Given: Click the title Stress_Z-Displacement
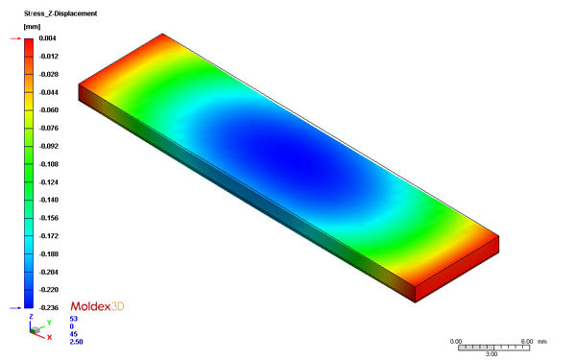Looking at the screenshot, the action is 60,13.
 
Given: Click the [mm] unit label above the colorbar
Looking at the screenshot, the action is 32,27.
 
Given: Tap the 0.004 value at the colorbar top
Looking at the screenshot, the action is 48,38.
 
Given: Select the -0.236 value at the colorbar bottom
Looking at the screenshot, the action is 49,308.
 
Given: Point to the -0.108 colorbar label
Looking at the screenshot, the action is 49,164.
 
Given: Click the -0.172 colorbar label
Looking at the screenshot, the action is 49,236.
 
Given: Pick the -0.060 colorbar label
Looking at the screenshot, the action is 49,110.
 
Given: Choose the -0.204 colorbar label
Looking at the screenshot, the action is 49,272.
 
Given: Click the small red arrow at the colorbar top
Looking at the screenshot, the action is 15,38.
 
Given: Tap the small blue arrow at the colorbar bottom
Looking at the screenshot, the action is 15,308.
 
